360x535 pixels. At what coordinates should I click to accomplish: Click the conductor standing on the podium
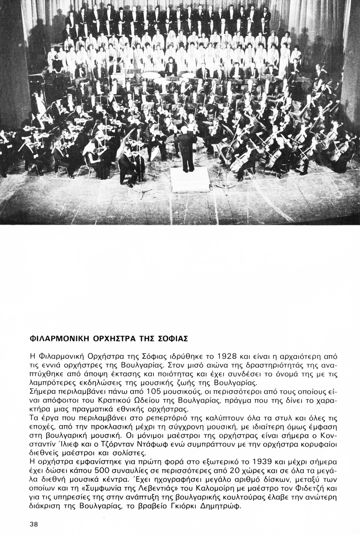[186, 149]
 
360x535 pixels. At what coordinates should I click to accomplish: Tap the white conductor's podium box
[190, 179]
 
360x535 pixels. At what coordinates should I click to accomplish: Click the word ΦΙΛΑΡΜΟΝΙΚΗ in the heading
[57, 339]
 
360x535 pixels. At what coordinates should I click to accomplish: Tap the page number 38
[33, 524]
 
